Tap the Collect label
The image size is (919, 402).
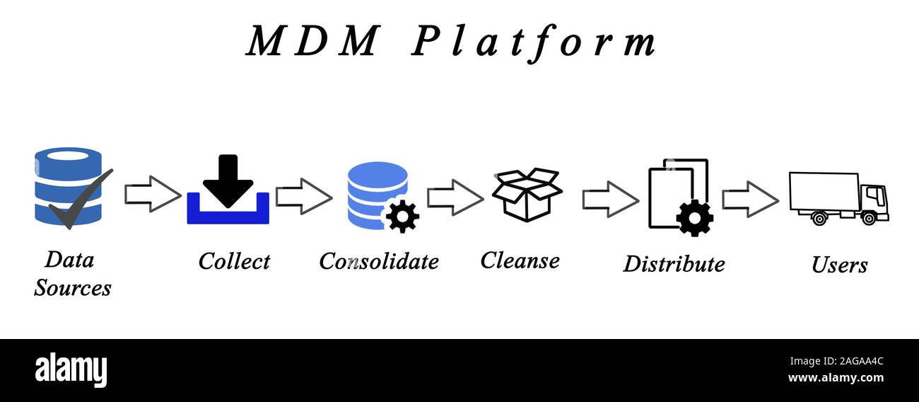click(x=234, y=261)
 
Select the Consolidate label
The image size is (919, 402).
click(x=378, y=261)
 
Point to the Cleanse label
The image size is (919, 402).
click(x=520, y=260)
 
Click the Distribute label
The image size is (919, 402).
click(x=673, y=264)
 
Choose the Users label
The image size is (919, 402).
click(x=839, y=265)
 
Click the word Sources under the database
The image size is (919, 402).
click(x=73, y=288)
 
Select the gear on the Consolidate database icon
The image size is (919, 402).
click(x=403, y=217)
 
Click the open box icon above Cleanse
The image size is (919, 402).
click(x=527, y=194)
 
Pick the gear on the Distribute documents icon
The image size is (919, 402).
click(x=694, y=217)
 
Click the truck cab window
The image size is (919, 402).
click(x=874, y=194)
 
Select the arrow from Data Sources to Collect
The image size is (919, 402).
click(x=153, y=194)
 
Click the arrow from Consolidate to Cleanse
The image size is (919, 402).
click(x=455, y=197)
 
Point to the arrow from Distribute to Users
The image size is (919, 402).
click(x=749, y=199)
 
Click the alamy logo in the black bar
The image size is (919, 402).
click(x=71, y=370)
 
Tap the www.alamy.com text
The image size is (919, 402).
click(x=835, y=378)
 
